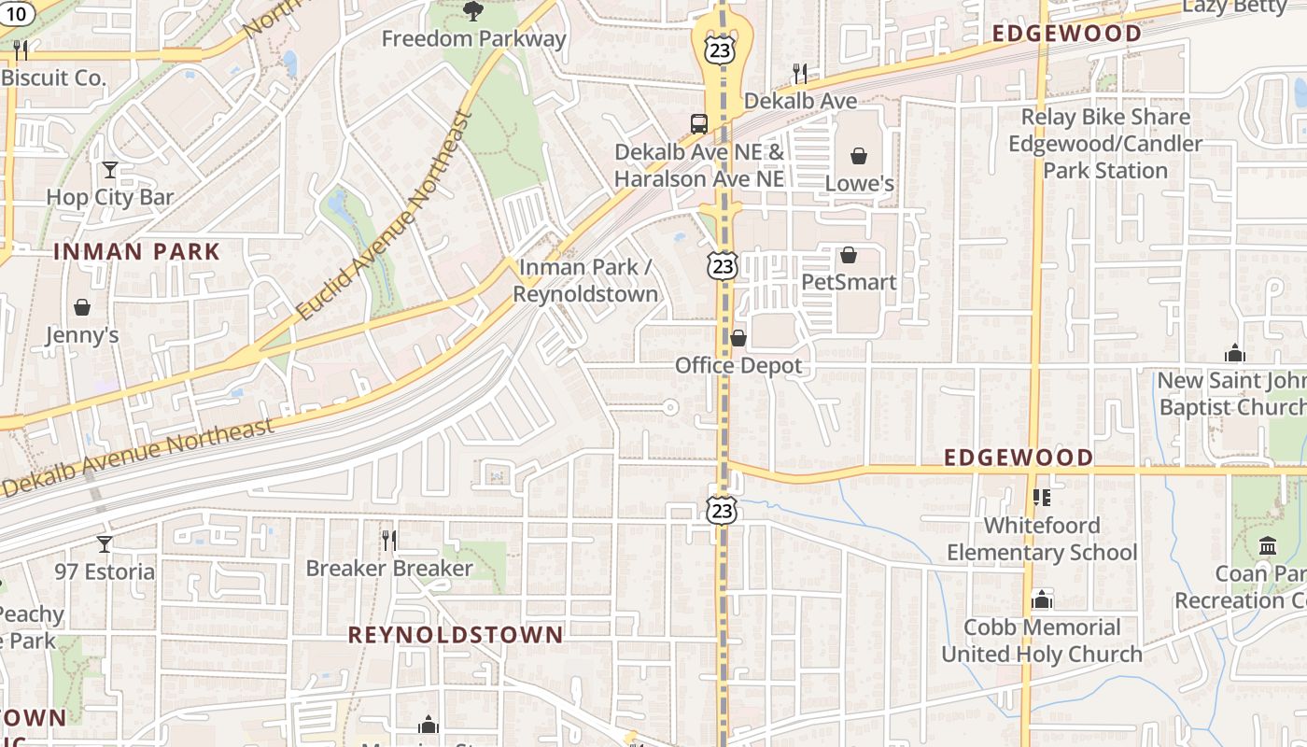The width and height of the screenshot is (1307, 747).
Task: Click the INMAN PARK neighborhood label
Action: coord(136,251)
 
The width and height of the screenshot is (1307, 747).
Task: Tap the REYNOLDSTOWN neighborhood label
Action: coord(456,635)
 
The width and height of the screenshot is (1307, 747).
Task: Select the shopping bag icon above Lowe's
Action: coord(859,156)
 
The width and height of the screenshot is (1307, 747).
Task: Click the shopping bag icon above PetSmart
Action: coord(849,255)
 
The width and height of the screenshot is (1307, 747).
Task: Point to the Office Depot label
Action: coord(738,365)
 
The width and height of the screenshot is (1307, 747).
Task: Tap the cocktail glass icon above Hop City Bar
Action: coord(110,170)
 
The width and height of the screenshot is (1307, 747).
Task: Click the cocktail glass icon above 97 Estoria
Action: coord(105,543)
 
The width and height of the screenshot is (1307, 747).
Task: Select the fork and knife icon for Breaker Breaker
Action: coord(389,540)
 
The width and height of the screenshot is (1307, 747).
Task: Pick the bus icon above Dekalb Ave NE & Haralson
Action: coord(698,123)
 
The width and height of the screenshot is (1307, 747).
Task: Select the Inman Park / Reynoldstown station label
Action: coord(585,280)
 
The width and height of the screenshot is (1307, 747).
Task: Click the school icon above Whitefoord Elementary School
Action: coord(1042,498)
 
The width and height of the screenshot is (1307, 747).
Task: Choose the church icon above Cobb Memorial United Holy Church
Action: coord(1042,599)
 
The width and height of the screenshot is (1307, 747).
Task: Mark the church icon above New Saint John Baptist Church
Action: coord(1235,353)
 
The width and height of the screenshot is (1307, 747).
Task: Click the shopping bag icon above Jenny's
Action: coord(82,307)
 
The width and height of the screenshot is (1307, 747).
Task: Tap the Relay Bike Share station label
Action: coord(1105,144)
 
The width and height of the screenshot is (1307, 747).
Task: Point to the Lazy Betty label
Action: coord(1234,7)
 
